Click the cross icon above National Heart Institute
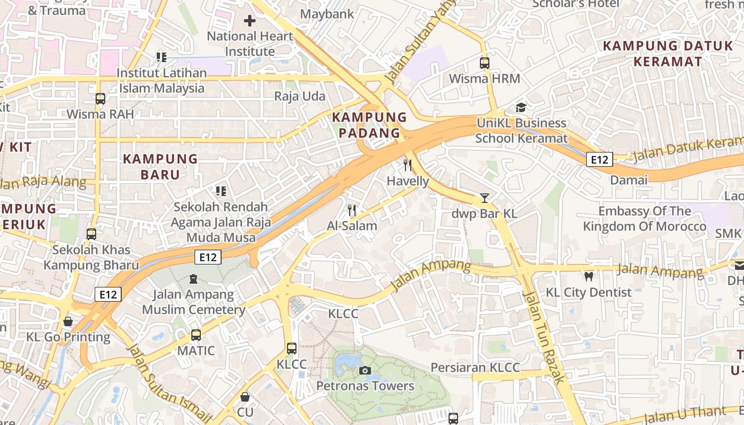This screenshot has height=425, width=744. tap(249, 21)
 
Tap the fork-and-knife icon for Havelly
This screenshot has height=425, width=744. tap(408, 165)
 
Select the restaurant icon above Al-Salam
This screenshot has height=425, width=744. tap(351, 210)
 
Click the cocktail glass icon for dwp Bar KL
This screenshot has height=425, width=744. tap(484, 198)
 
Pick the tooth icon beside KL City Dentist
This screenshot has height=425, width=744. tap(588, 276)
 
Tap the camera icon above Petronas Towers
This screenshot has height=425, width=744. tap(365, 370)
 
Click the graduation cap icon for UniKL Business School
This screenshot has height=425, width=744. tap(521, 107)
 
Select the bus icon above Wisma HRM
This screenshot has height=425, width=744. tap(484, 63)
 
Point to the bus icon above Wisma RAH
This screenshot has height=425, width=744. tap(100, 98)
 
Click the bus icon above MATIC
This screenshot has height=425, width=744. tap(196, 335)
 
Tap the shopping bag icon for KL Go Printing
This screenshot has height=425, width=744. tap(68, 321)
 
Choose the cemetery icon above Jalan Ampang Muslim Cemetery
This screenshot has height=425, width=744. tap(193, 279)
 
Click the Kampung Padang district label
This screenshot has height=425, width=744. tap(369, 125)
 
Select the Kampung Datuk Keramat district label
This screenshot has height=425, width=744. tap(668, 54)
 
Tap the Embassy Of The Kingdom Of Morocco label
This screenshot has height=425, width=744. tap(645, 219)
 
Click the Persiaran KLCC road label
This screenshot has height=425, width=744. tap(475, 368)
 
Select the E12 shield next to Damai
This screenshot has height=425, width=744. tap(599, 159)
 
